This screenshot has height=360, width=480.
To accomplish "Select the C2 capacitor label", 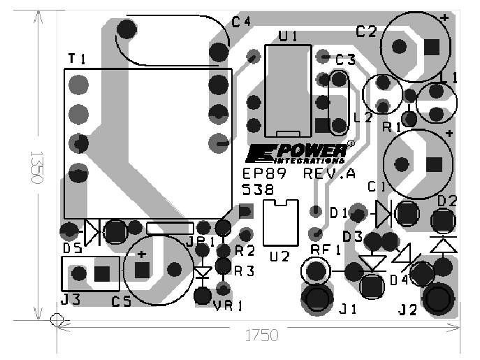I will click(x=366, y=31).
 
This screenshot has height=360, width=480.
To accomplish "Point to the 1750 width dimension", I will click(x=261, y=336).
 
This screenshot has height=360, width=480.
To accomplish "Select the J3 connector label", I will click(x=70, y=300).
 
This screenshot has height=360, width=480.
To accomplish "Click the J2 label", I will click(x=409, y=308).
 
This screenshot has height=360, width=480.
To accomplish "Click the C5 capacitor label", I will click(x=122, y=301).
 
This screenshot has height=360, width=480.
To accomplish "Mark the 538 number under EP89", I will click(x=257, y=189).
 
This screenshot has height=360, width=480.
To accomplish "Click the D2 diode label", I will click(x=447, y=201).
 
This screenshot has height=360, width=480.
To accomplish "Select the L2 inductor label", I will click(x=363, y=117).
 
